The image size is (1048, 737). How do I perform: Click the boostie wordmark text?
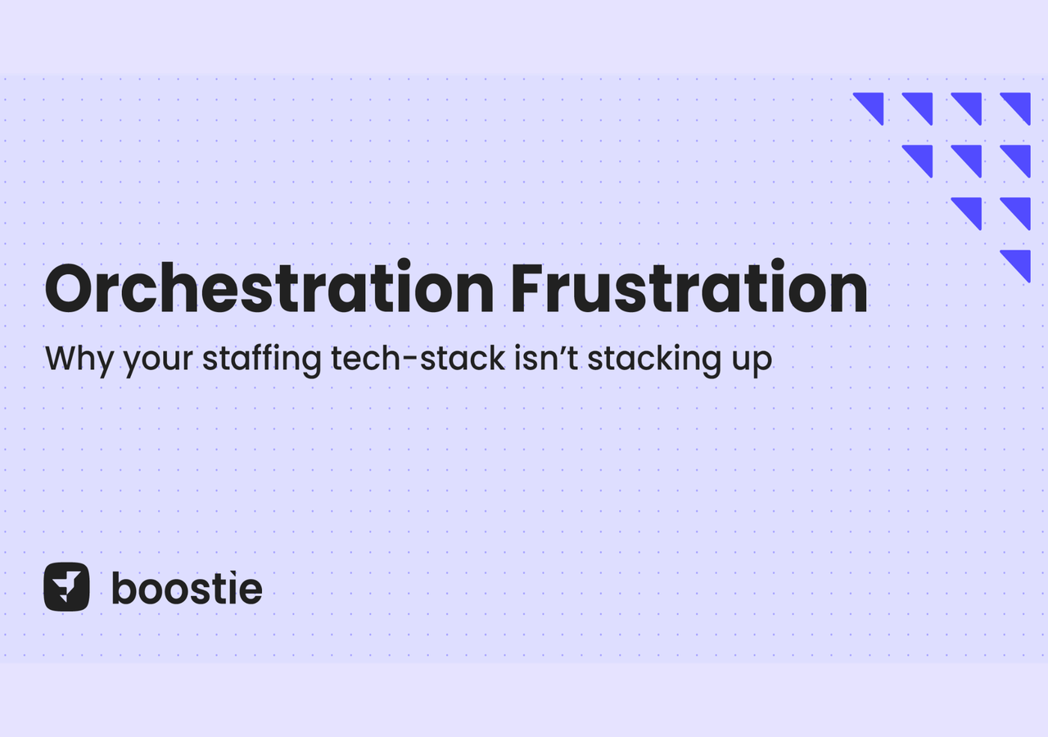(187, 588)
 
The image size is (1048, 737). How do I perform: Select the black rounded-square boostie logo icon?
(66, 587)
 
